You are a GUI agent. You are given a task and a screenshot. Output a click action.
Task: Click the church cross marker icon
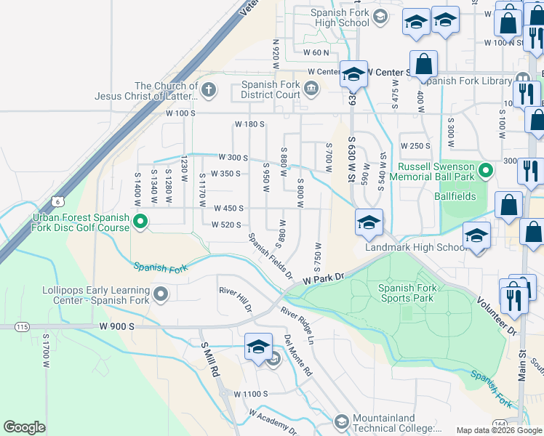pos(209,90)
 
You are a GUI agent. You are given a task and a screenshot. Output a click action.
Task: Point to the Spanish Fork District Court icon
pos(311,89)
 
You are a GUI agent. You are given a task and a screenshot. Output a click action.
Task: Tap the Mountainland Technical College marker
pos(341,421)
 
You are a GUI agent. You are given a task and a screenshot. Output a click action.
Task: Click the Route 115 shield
pos(22,327)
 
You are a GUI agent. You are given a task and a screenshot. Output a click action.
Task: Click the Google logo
pos(24,427)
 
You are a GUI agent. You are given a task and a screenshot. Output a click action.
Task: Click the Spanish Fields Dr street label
pos(269,257)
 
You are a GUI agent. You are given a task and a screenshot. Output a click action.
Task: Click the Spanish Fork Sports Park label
pos(407,293)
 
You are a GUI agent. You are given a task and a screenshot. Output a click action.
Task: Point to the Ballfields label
pos(456,196)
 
